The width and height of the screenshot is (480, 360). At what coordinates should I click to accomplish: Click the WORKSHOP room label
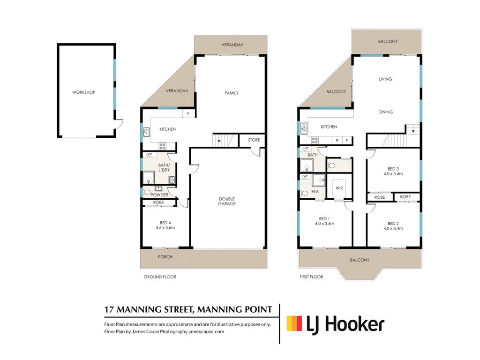point(83,92)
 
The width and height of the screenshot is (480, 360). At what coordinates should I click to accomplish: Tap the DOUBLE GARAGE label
point(227,201)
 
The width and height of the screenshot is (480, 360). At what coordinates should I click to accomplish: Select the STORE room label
point(254,140)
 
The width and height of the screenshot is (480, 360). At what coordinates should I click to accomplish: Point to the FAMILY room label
point(232,93)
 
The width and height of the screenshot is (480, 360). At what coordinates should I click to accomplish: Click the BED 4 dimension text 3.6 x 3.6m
point(165,228)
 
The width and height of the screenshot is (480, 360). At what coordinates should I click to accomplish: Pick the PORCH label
point(165,257)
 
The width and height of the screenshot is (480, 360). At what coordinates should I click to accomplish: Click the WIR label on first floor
point(339,188)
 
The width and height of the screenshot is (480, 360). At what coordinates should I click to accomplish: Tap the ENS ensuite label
point(315,192)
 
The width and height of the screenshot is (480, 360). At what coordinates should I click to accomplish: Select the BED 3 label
point(393,169)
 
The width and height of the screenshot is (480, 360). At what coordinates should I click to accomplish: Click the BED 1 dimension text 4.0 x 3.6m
point(324,224)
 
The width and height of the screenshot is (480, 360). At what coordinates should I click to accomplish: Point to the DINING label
point(385,112)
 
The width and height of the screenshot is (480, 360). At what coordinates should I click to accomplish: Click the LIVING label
point(385,79)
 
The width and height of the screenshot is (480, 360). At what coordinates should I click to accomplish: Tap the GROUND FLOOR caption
point(160,277)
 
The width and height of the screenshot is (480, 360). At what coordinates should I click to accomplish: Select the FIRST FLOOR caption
point(311,277)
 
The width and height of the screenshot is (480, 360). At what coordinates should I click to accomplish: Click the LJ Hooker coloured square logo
point(294,323)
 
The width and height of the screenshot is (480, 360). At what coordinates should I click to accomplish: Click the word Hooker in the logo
point(354,324)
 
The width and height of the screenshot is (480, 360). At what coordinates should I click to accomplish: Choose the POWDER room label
point(159,195)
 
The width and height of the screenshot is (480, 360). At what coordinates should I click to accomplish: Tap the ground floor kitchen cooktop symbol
point(163,146)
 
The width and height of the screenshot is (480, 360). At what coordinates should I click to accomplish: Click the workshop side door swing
point(120,123)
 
